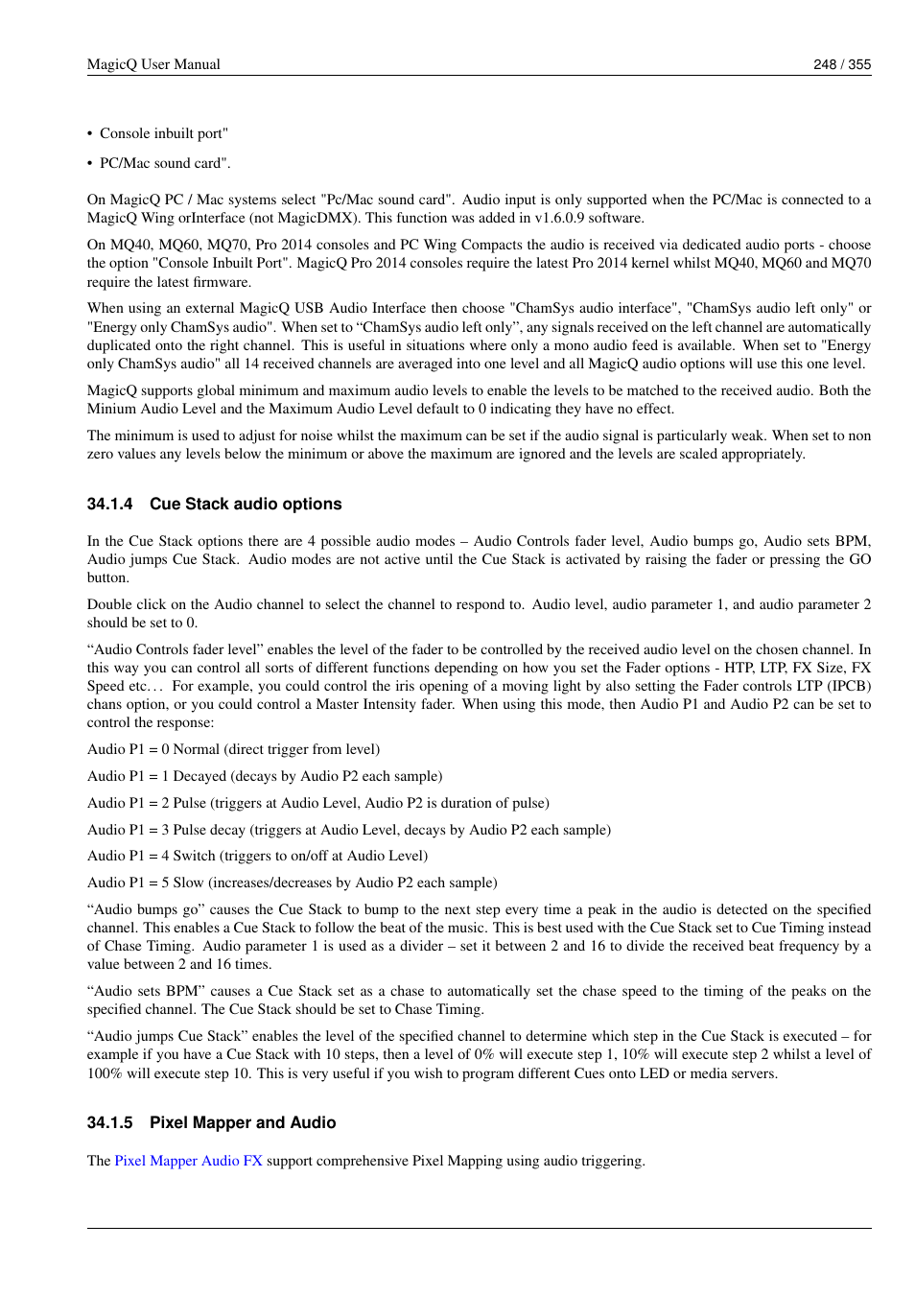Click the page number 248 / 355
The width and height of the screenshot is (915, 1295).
[x=841, y=64]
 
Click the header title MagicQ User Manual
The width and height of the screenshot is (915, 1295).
[x=153, y=64]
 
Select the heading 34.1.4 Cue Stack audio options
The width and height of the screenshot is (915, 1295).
[x=214, y=504]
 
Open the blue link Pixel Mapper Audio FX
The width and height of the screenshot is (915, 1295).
[x=188, y=1161]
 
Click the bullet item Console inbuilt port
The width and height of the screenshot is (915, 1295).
[x=163, y=133]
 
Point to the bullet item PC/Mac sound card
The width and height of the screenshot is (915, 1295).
[x=164, y=163]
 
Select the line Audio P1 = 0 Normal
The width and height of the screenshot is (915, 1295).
[x=233, y=749]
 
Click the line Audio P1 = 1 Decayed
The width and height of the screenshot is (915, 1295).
[x=265, y=776]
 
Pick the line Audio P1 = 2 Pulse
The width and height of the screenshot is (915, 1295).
[x=317, y=803]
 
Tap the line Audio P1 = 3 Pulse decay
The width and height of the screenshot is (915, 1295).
[x=348, y=830]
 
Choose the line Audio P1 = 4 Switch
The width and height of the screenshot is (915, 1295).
[x=257, y=856]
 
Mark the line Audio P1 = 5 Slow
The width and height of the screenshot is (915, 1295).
[x=292, y=883]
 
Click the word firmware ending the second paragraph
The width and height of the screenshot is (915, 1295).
[x=223, y=282]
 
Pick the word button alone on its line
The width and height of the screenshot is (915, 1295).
[x=106, y=577]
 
